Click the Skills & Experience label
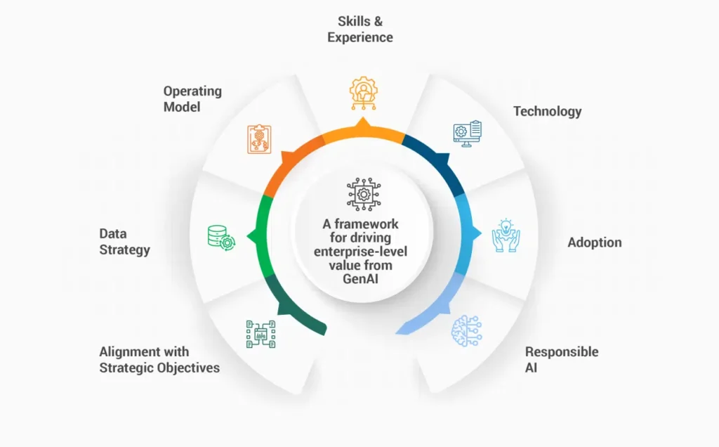point(360,29)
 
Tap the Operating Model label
point(192,98)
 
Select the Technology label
point(548,112)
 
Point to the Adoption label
point(595,242)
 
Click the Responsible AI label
point(562,359)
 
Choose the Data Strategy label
point(125,241)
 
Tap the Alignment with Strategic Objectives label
point(159,360)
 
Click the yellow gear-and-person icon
point(364,93)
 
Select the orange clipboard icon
point(259,139)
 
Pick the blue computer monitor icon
point(467,134)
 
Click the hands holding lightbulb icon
point(506,235)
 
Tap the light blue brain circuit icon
point(466,330)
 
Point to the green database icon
point(221,238)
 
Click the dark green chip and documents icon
point(261,334)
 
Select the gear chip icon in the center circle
point(364,194)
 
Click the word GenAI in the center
point(360,278)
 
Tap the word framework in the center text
point(367,224)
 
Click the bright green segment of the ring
point(260,236)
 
